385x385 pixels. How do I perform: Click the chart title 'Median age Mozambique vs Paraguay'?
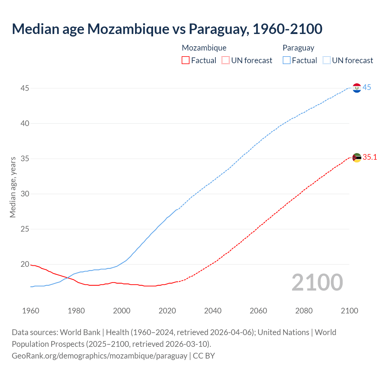[x=167, y=29]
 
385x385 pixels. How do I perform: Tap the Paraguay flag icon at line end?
[x=357, y=88]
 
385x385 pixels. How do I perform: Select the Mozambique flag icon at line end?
[x=357, y=158]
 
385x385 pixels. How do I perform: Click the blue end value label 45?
[x=367, y=88]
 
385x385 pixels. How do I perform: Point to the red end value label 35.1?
[x=370, y=157]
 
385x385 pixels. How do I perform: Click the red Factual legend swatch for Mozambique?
[x=186, y=60]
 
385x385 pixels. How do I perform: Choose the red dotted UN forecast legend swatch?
[x=226, y=60]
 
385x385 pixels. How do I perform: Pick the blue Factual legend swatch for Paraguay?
[x=286, y=60]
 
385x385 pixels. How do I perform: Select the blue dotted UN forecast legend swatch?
[x=326, y=60]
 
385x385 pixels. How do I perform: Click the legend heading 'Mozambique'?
[x=204, y=48]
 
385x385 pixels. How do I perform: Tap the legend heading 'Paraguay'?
[x=298, y=48]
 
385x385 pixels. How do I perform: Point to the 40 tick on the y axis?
[x=25, y=123]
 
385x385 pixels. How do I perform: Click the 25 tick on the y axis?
[x=25, y=229]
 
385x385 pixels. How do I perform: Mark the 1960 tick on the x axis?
[x=31, y=311]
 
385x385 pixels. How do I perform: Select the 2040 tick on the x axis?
[x=213, y=311]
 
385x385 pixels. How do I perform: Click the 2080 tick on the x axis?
[x=304, y=311]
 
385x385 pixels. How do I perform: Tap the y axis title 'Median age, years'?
[x=13, y=187]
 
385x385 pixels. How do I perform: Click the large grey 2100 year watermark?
[x=317, y=282]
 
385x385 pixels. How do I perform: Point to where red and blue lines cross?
[x=67, y=277]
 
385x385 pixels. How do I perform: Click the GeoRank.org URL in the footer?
[x=99, y=356]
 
